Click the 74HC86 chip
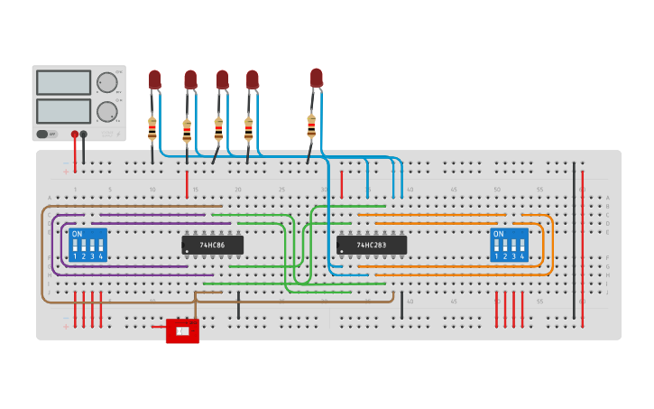212,245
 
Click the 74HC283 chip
371,245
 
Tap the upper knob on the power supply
106,83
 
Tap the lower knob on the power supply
106,112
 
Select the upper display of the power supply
63,83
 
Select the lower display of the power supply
63,111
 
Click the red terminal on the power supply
75,135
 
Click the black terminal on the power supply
84,135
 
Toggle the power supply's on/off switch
42,134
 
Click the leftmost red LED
154,79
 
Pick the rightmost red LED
316,78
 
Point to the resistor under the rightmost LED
311,125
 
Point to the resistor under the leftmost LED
152,129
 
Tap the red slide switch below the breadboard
182,331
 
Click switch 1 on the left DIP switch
76,246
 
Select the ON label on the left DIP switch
77,234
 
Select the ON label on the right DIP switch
498,234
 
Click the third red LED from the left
222,79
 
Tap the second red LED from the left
190,80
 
